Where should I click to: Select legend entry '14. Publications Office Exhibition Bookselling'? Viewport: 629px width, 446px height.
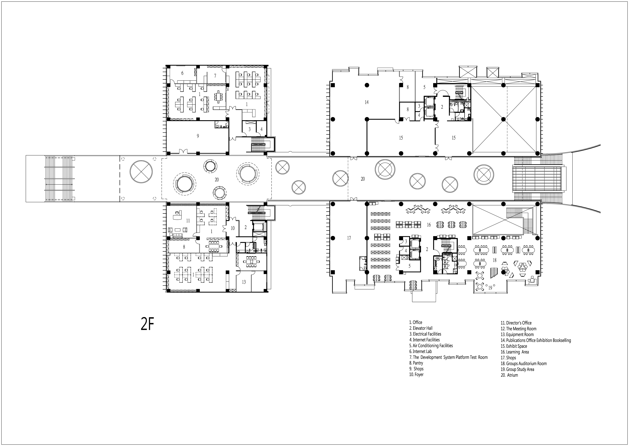click(x=535, y=340)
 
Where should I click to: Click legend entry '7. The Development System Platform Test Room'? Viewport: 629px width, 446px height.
click(x=448, y=357)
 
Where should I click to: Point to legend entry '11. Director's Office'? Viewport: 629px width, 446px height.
click(x=516, y=323)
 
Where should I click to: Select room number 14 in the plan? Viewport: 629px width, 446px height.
click(x=367, y=102)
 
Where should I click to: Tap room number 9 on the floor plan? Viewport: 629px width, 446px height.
click(x=198, y=136)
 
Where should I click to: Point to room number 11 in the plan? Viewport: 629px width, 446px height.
click(x=188, y=220)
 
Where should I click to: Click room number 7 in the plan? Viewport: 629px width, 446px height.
click(x=215, y=76)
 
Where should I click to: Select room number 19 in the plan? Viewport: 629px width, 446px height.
click(x=490, y=288)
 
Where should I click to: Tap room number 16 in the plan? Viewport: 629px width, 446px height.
click(x=429, y=225)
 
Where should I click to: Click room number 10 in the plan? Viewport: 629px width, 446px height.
click(x=232, y=228)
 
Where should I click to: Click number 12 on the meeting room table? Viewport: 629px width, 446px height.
click(x=251, y=261)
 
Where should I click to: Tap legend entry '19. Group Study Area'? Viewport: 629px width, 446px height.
click(x=517, y=369)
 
